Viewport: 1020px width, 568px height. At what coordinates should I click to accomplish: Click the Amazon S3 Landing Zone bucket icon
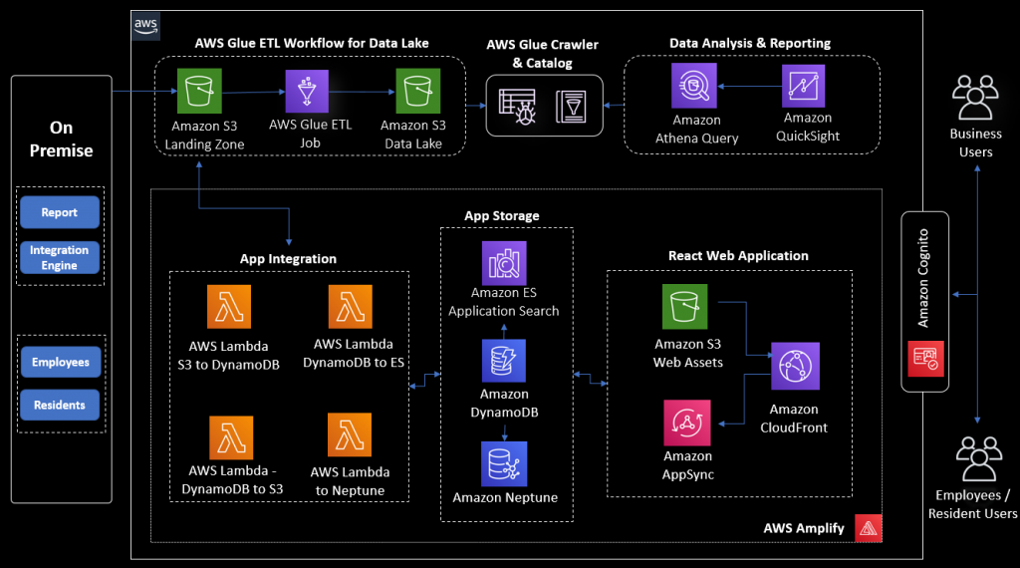pyautogui.click(x=200, y=91)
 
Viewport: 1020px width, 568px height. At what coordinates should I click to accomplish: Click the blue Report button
pyautogui.click(x=60, y=212)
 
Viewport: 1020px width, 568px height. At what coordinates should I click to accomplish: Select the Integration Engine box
pyautogui.click(x=60, y=257)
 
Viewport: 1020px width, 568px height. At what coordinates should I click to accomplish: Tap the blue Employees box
pyautogui.click(x=60, y=363)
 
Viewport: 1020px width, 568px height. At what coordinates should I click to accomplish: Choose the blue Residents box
pyautogui.click(x=60, y=406)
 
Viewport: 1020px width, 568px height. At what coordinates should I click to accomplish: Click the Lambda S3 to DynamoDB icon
pyautogui.click(x=229, y=307)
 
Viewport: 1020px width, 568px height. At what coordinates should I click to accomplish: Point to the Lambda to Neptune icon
pyautogui.click(x=350, y=435)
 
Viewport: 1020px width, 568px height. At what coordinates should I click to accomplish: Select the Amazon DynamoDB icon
pyautogui.click(x=503, y=360)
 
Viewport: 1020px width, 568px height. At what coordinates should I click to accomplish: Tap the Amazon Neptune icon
pyautogui.click(x=503, y=463)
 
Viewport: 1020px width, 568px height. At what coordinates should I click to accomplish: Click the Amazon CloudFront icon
pyautogui.click(x=794, y=367)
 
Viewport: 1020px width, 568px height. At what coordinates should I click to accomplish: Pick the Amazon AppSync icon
pyautogui.click(x=687, y=424)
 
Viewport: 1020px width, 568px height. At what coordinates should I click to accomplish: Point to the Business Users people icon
pyautogui.click(x=975, y=100)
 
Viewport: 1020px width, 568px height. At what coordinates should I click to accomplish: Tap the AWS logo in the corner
pyautogui.click(x=145, y=27)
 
